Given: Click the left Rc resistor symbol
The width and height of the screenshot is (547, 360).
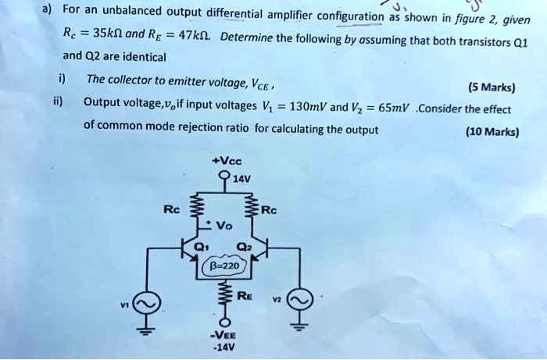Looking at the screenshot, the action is pos(197,207).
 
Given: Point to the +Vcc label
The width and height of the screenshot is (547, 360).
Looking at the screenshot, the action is pos(227,162).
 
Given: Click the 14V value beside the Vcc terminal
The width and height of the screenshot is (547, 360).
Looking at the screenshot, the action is pos(241,179).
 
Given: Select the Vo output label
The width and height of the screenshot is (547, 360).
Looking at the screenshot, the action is pos(224,226).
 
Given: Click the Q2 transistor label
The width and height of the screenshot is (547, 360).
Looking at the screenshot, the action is pos(243,247).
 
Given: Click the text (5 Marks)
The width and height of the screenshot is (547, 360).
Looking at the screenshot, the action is pos(492,87).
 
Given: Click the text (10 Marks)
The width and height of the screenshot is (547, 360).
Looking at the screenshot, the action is pos(492,132).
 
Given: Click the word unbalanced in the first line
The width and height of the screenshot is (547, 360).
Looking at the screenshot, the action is pos(131,11).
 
